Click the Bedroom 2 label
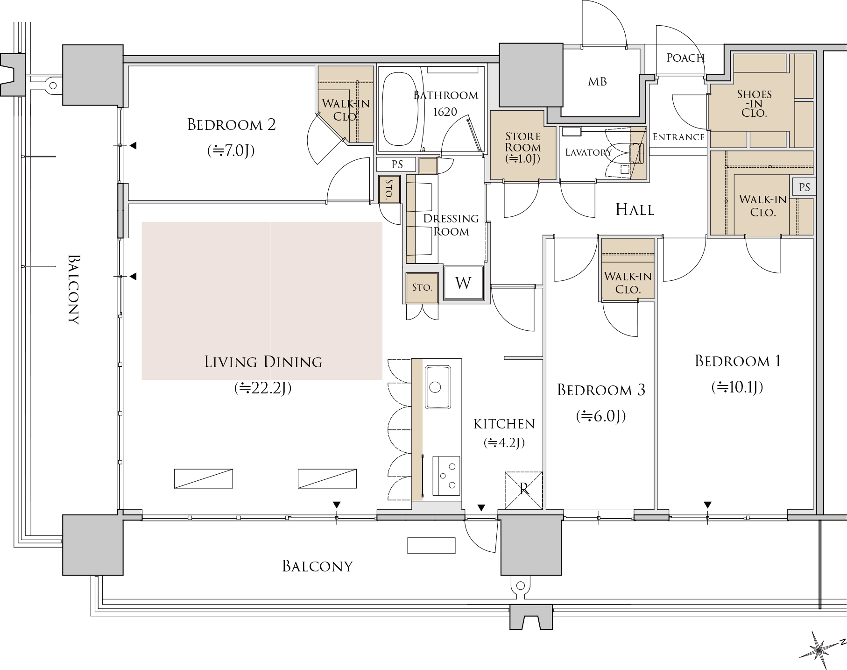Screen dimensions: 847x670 [x=231, y=125]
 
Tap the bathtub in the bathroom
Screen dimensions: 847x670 [x=400, y=110]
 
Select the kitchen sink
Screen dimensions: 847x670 [x=438, y=386]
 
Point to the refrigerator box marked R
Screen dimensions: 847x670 [x=523, y=490]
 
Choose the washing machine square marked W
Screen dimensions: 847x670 [x=463, y=283]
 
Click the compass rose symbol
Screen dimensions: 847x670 [x=821, y=649]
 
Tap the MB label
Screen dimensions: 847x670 [x=597, y=82]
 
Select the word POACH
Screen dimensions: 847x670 [x=685, y=58]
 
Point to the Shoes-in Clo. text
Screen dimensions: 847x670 [x=754, y=103]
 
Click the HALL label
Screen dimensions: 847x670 [x=635, y=210]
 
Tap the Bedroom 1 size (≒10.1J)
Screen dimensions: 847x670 [x=737, y=387]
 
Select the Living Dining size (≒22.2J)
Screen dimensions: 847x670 [x=263, y=388]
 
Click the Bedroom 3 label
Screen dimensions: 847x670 [x=601, y=390]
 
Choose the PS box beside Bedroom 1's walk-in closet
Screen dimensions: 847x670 [x=804, y=187]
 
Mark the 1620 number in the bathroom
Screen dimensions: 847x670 [x=445, y=112]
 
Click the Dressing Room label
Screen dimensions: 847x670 [x=451, y=225]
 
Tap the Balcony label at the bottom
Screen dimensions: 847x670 [x=318, y=566]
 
